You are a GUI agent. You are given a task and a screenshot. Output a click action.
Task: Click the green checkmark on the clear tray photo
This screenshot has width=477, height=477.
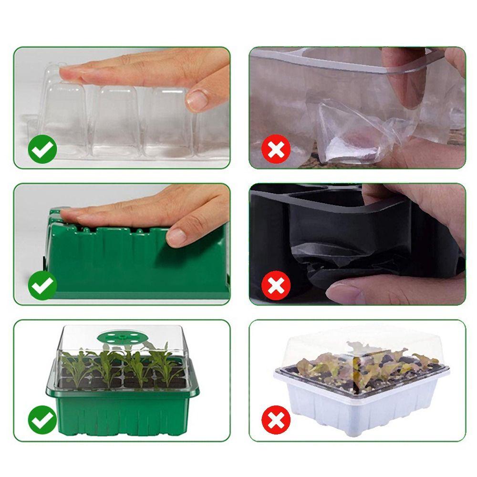pyautogui.click(x=42, y=149)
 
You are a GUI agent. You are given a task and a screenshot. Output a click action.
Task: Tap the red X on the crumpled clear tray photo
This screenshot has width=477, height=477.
pyautogui.click(x=276, y=149)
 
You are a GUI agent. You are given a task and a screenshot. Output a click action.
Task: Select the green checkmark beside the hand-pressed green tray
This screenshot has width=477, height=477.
pyautogui.click(x=42, y=285)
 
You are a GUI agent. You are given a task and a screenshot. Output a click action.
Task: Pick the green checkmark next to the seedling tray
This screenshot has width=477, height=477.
pyautogui.click(x=42, y=420)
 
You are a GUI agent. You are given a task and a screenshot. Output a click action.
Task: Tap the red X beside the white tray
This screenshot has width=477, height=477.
pyautogui.click(x=276, y=420)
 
